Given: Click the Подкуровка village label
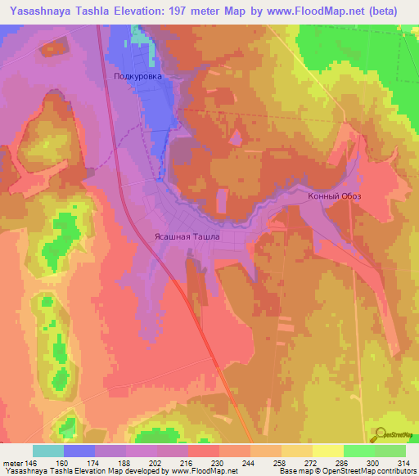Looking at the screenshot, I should [x=137, y=76].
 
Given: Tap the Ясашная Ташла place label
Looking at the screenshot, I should [x=187, y=237].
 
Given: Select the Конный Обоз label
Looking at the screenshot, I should [x=334, y=196].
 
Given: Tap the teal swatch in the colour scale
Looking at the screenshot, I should [x=47, y=451].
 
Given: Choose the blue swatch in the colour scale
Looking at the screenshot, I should [x=79, y=451].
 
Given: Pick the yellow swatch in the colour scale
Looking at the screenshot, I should [x=327, y=451].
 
